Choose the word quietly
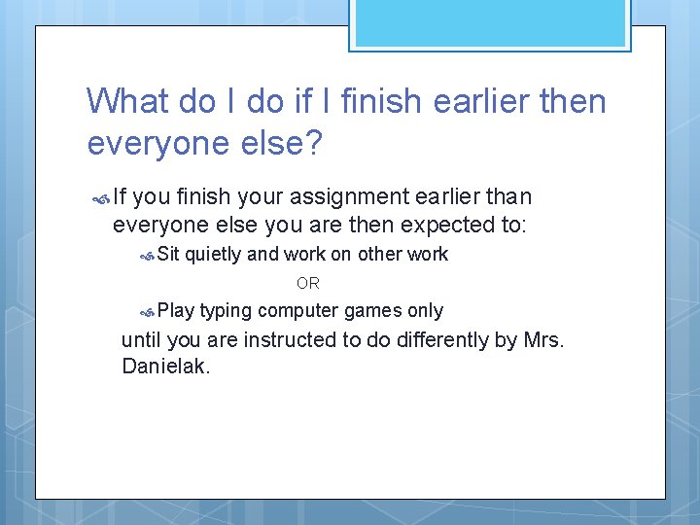click(213, 255)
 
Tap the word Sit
click(168, 255)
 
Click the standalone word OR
click(307, 284)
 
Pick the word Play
click(176, 311)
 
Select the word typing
click(226, 312)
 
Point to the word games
click(370, 312)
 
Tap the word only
click(425, 311)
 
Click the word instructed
click(287, 340)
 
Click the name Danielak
click(165, 367)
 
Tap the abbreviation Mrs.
click(543, 340)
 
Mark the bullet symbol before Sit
click(147, 257)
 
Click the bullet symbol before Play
click(147, 313)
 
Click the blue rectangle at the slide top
click(489, 22)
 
